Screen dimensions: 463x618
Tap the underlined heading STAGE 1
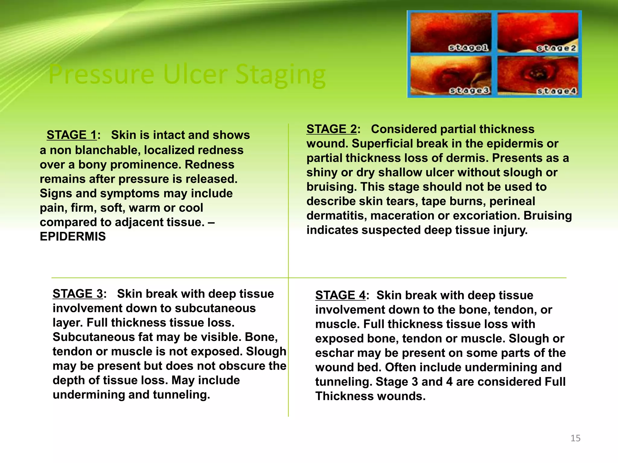click(x=72, y=135)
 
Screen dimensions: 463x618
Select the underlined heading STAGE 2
click(x=332, y=129)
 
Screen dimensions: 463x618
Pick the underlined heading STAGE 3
click(x=78, y=294)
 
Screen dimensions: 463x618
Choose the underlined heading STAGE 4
click(x=340, y=295)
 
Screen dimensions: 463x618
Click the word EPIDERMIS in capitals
click(x=73, y=237)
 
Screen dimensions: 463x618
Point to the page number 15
click(x=575, y=438)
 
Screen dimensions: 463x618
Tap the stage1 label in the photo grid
click(x=468, y=48)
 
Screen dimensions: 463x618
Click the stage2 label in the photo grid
click(x=556, y=48)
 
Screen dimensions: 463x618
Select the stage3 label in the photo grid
click(x=469, y=90)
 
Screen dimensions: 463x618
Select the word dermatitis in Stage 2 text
click(x=337, y=216)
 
